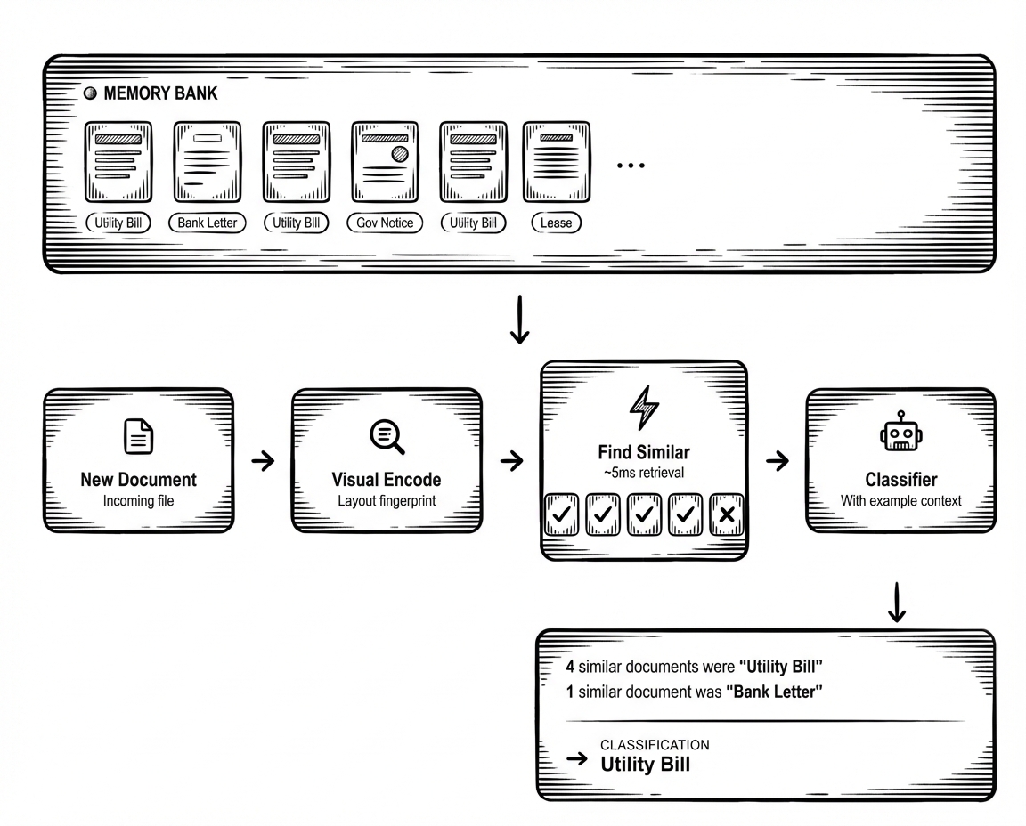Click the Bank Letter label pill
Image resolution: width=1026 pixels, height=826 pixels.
[x=207, y=223]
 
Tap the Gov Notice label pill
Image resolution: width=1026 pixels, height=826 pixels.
[x=385, y=223]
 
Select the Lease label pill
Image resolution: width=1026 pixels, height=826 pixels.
[x=556, y=223]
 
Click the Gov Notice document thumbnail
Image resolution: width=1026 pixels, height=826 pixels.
[x=385, y=161]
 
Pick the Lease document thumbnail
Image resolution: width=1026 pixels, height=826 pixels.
[x=556, y=161]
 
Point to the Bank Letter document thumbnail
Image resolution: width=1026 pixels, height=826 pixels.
[x=208, y=161]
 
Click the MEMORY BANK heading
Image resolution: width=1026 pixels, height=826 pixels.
[x=160, y=93]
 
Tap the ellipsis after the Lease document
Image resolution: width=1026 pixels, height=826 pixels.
[x=631, y=166]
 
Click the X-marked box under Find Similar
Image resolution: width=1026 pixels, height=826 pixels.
[x=727, y=514]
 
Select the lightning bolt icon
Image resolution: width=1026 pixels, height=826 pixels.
[x=644, y=407]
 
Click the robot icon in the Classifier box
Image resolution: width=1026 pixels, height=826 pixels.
[x=901, y=431]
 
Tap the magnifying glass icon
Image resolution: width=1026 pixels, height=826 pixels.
[x=387, y=436]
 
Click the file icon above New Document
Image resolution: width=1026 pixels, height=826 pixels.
[x=139, y=436]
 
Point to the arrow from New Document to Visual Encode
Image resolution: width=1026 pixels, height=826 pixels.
[x=263, y=461]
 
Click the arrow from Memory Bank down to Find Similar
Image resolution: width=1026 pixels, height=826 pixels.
[x=519, y=320]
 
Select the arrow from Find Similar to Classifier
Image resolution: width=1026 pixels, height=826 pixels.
[x=778, y=461]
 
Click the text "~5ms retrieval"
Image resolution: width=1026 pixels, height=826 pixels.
[x=644, y=473]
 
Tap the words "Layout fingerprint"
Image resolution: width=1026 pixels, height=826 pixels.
[x=387, y=501]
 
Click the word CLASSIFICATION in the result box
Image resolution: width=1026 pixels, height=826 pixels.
[x=655, y=745]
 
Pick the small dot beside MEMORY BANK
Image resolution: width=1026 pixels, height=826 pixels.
[x=90, y=93]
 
